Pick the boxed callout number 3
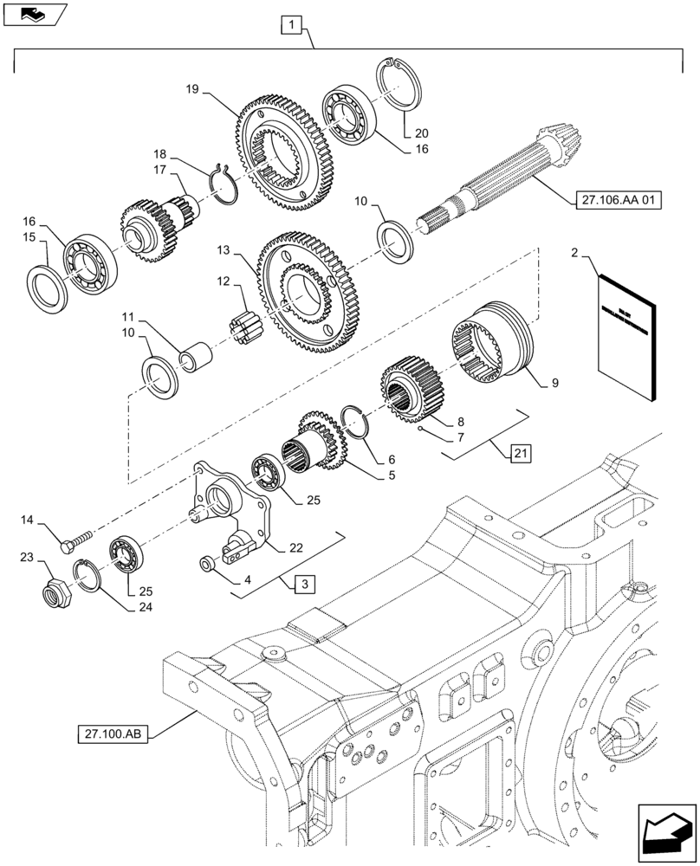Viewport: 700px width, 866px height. (x=299, y=585)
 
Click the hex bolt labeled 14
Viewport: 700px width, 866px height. (x=77, y=540)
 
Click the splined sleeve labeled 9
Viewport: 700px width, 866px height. (x=490, y=346)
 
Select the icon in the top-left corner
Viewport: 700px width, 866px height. (x=36, y=14)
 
